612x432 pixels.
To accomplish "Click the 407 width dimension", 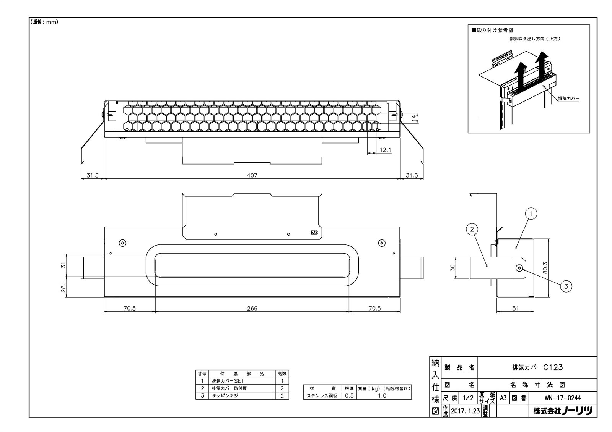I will [x=252, y=175].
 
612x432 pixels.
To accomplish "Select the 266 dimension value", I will [x=252, y=309].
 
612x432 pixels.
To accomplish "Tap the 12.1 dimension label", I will [x=386, y=150].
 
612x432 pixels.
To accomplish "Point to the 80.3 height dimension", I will [x=546, y=269].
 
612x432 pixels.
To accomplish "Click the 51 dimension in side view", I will [x=515, y=309].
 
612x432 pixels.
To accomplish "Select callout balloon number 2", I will [x=472, y=229].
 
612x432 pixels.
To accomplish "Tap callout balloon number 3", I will [x=566, y=285].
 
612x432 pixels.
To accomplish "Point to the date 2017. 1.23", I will [x=465, y=411].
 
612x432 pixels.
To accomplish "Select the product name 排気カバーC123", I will [x=537, y=367].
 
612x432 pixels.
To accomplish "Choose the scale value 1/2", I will [x=468, y=398].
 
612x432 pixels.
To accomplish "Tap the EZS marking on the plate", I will [x=314, y=232].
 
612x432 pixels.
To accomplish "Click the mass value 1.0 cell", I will [x=382, y=396].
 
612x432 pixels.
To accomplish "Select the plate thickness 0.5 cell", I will [x=349, y=396].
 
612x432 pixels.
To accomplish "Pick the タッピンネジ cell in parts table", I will [x=225, y=396].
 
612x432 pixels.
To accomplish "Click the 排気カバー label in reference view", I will [x=569, y=99].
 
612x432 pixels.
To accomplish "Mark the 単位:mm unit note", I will [x=44, y=22].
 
